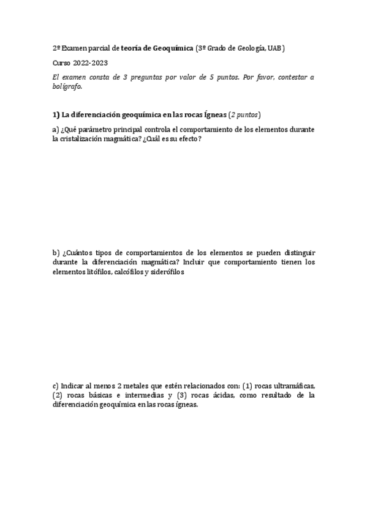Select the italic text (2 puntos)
coord(244,114)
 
